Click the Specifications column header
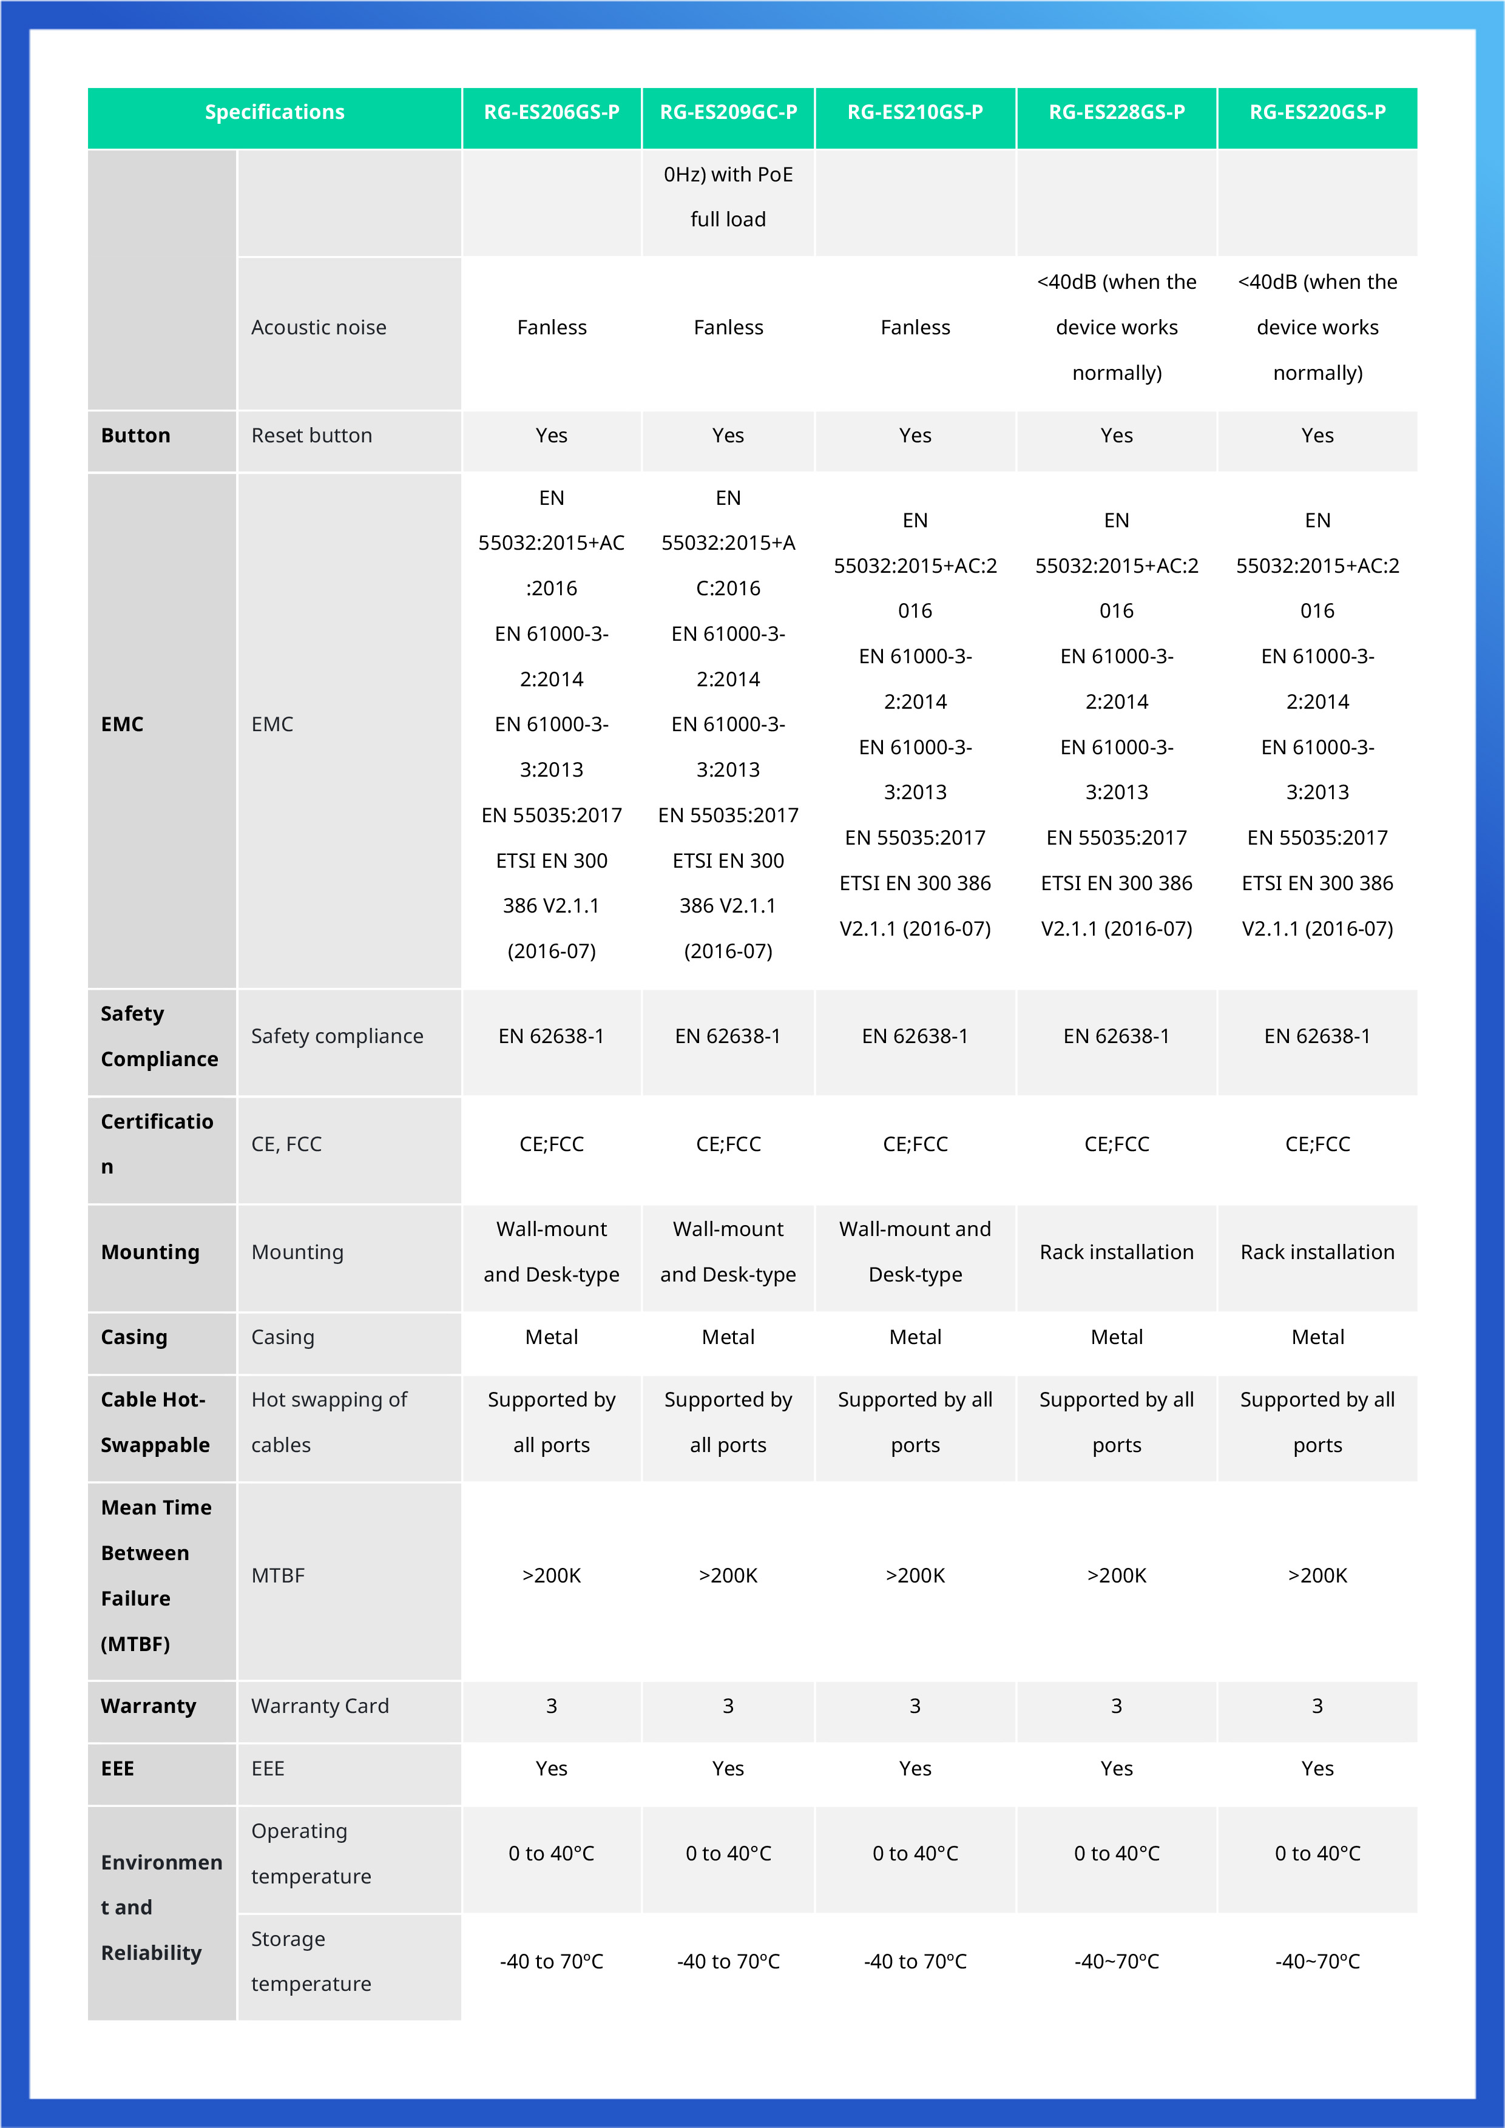coord(274,112)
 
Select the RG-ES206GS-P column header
coord(552,112)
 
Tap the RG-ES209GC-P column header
coord(728,112)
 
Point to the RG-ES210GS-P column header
coord(915,112)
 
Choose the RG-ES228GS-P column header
coord(1116,112)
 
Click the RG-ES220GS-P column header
coord(1317,112)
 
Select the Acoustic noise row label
coord(319,327)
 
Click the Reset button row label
coord(311,436)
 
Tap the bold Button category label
coord(135,436)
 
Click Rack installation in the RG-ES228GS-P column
coord(1116,1252)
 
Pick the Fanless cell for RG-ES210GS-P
coord(915,327)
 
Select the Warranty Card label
coord(320,1706)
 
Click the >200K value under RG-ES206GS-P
coord(552,1576)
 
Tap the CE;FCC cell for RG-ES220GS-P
coord(1317,1144)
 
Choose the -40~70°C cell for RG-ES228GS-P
coord(1116,1961)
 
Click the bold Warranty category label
coord(148,1706)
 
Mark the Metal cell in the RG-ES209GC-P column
coord(728,1337)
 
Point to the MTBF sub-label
coord(278,1576)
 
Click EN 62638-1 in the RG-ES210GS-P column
coord(915,1036)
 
